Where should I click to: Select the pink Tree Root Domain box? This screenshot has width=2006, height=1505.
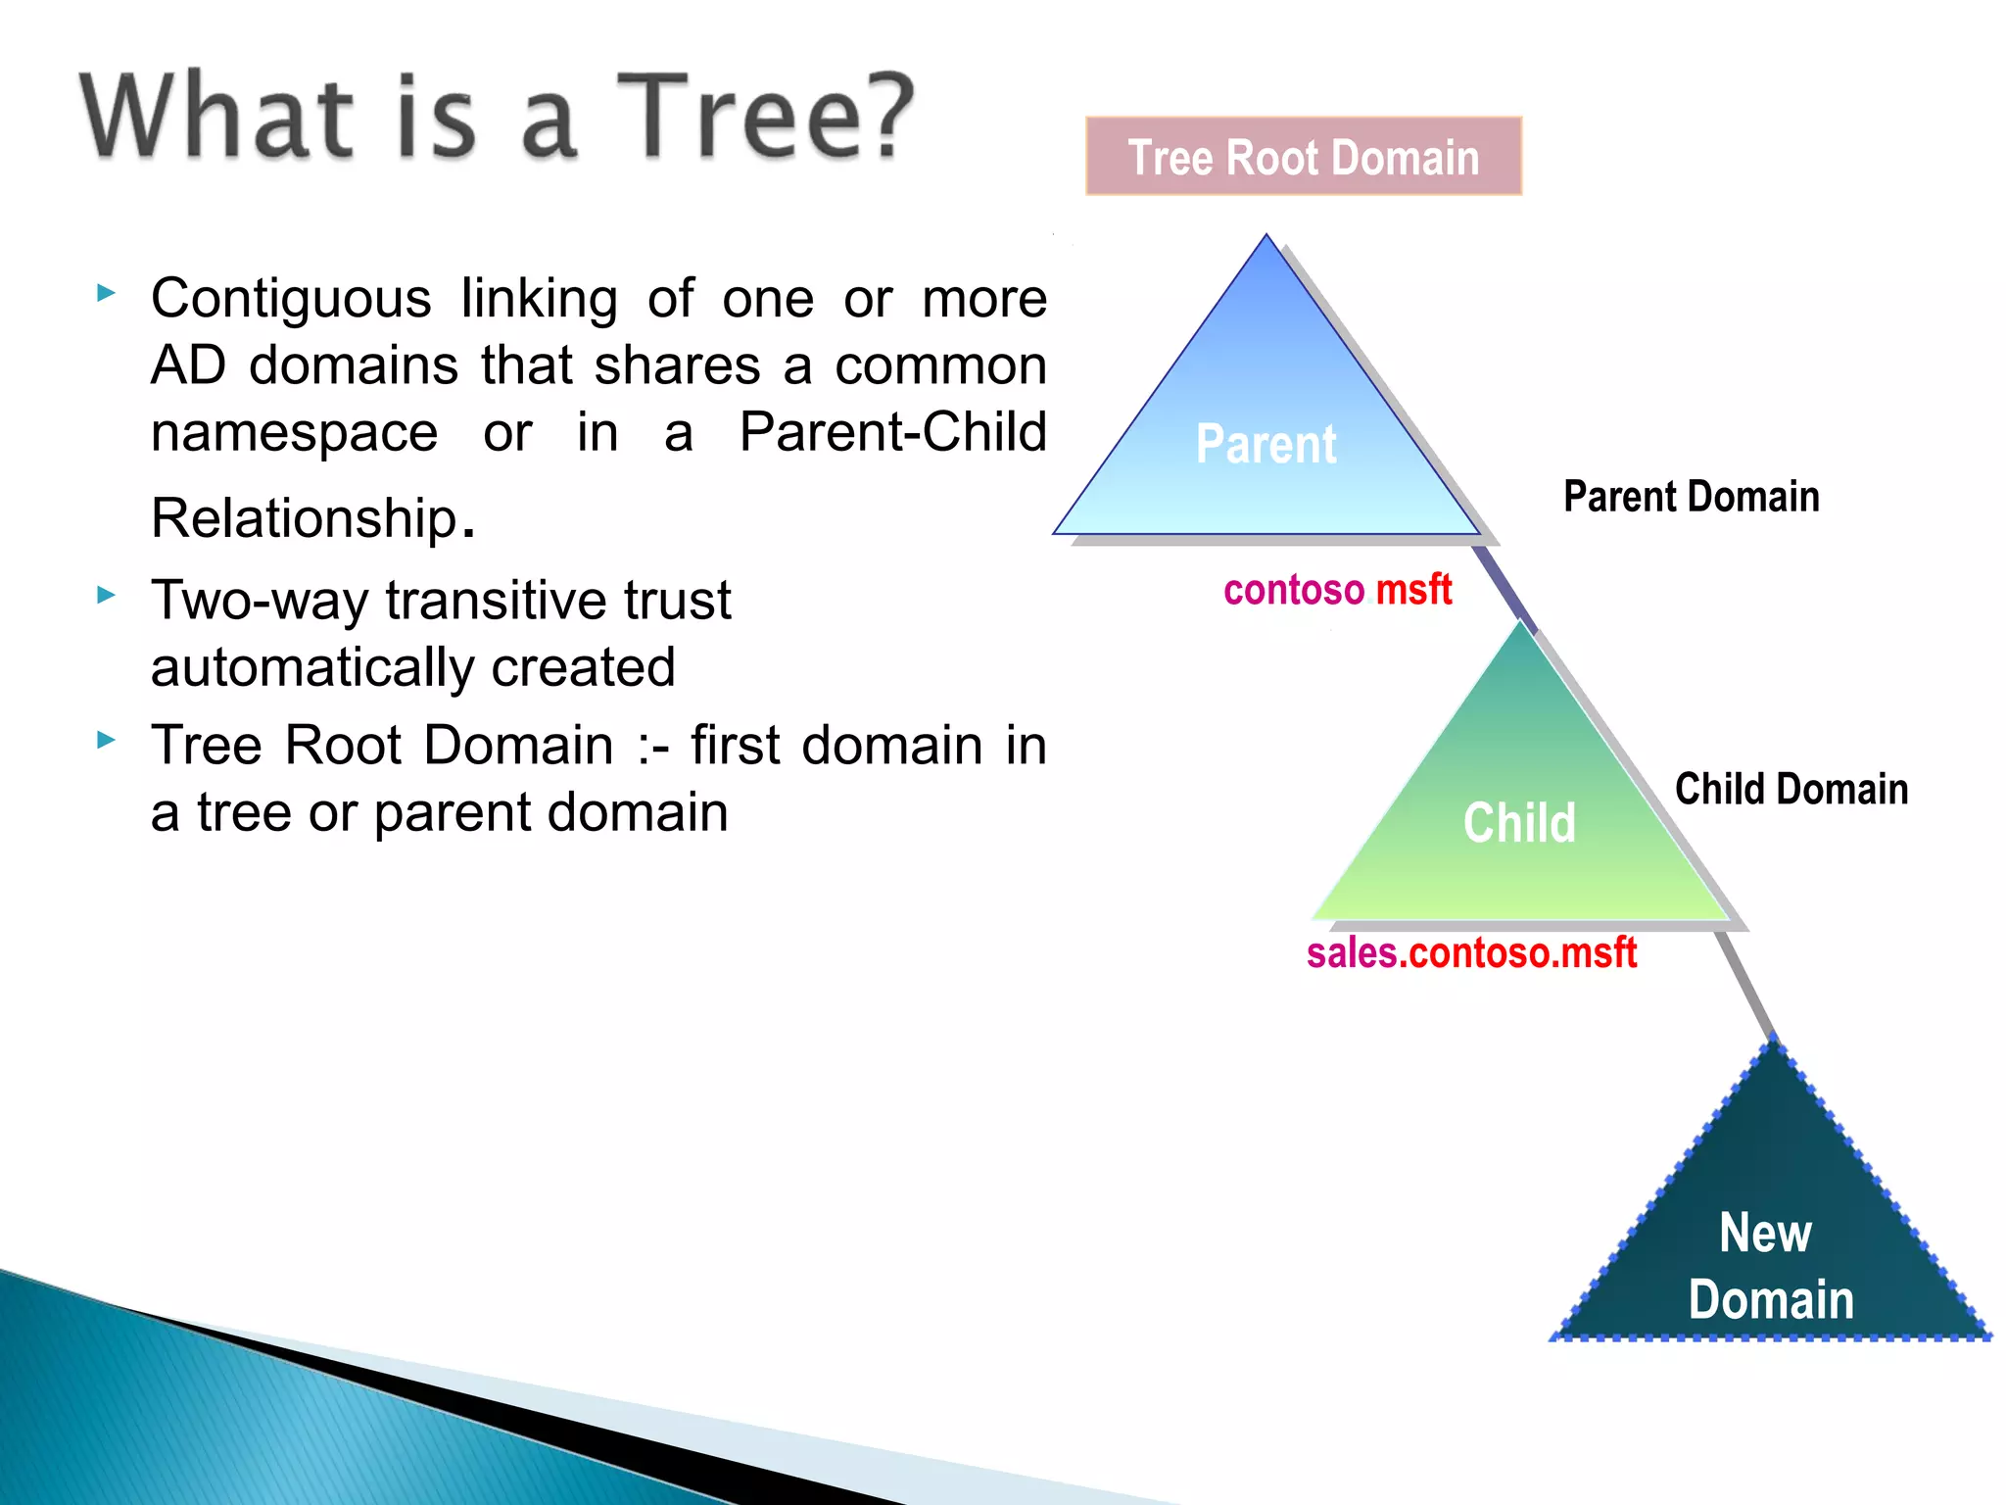pos(1303,157)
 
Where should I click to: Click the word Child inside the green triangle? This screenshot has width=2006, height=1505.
pos(1519,822)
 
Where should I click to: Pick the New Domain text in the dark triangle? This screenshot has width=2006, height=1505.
pos(1769,1265)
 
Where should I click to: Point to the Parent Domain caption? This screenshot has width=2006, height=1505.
pos(1691,497)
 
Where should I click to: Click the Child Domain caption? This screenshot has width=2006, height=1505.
pos(1791,789)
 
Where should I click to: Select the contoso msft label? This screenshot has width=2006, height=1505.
pos(1337,590)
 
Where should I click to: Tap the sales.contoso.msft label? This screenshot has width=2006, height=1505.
pos(1471,952)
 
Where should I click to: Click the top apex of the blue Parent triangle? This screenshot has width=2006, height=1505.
pos(1266,238)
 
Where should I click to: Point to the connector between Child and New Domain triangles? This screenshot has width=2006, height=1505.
pos(1746,985)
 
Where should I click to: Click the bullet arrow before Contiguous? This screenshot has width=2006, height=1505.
pos(107,292)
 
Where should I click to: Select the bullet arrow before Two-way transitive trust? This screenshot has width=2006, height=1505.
pos(107,595)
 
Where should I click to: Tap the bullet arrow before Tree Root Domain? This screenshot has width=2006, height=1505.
pos(107,740)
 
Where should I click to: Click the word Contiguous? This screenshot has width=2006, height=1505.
pos(291,299)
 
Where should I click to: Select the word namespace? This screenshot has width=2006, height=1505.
pos(294,433)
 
